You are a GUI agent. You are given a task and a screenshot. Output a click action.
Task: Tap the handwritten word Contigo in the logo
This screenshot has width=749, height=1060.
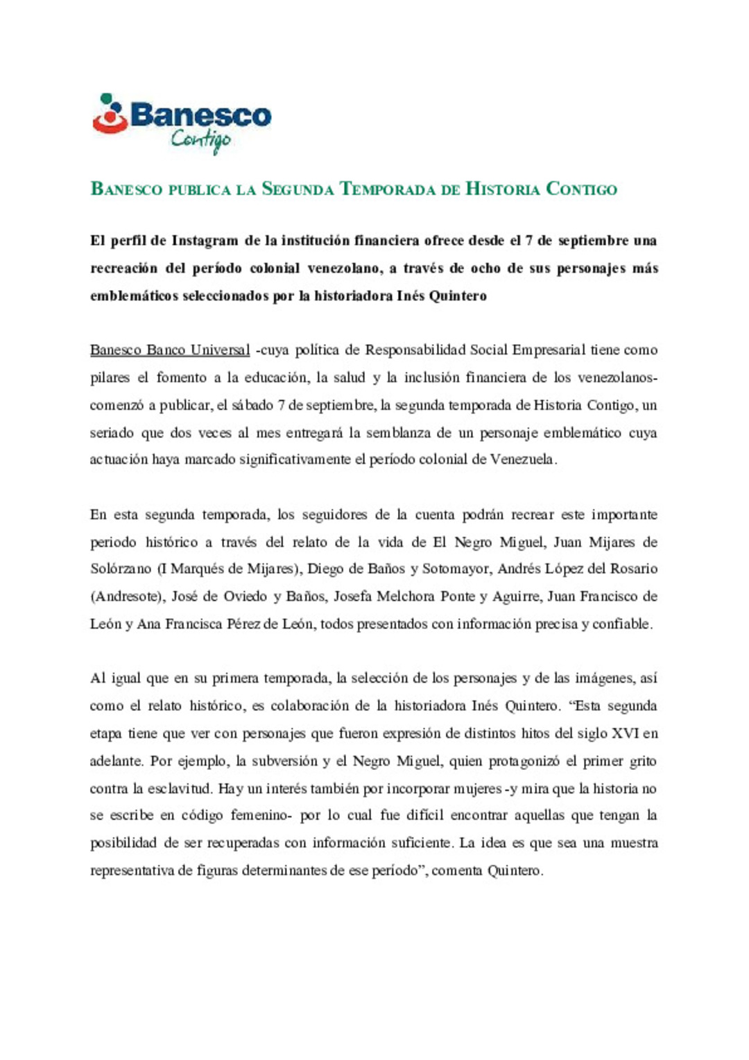tap(201, 140)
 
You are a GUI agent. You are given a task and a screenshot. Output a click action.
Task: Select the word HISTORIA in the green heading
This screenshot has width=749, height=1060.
tap(502, 189)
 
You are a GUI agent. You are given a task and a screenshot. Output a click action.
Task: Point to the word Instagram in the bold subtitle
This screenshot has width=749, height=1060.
tap(205, 241)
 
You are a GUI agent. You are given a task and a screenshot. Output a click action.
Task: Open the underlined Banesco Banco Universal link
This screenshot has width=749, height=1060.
tap(170, 350)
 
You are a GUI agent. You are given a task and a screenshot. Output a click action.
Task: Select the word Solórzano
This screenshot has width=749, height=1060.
tap(121, 569)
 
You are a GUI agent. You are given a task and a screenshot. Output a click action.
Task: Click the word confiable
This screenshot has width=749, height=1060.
tap(623, 624)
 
